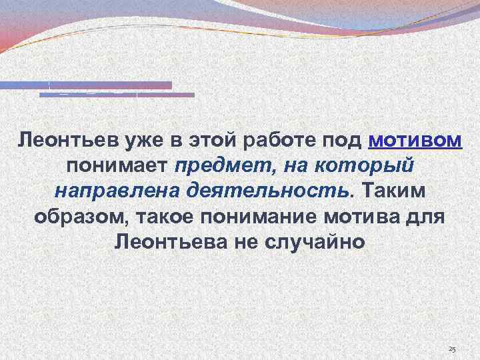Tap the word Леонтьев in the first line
point(61,141)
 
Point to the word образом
point(69,217)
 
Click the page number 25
point(453,350)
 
